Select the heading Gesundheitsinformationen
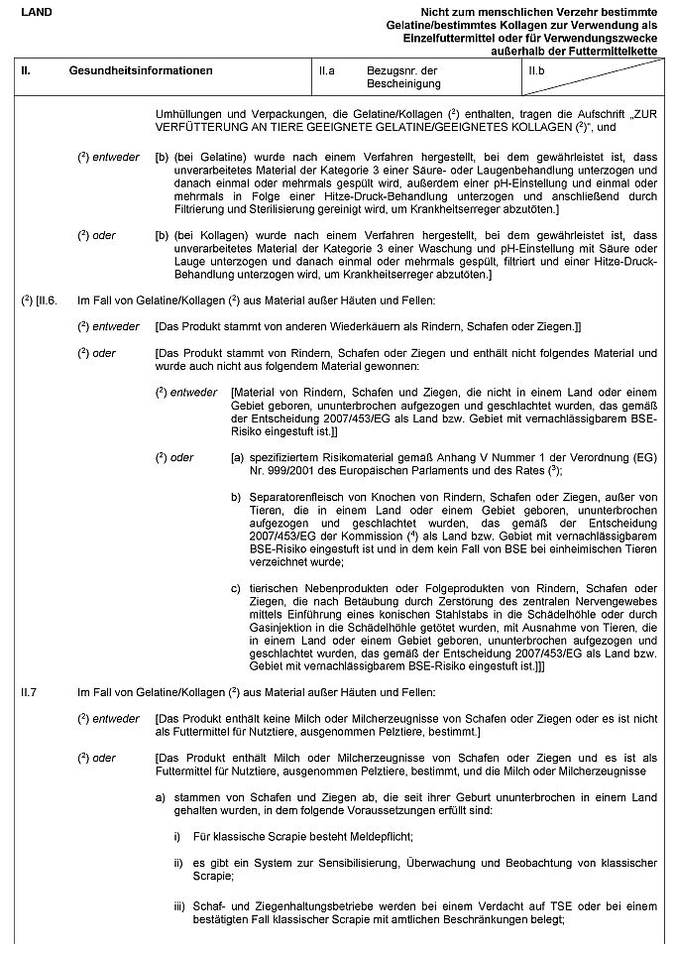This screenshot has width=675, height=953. click(x=141, y=71)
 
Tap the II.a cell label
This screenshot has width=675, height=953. click(x=328, y=71)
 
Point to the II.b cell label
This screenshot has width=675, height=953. click(x=537, y=71)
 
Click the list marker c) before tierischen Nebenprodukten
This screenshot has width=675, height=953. click(x=236, y=588)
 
